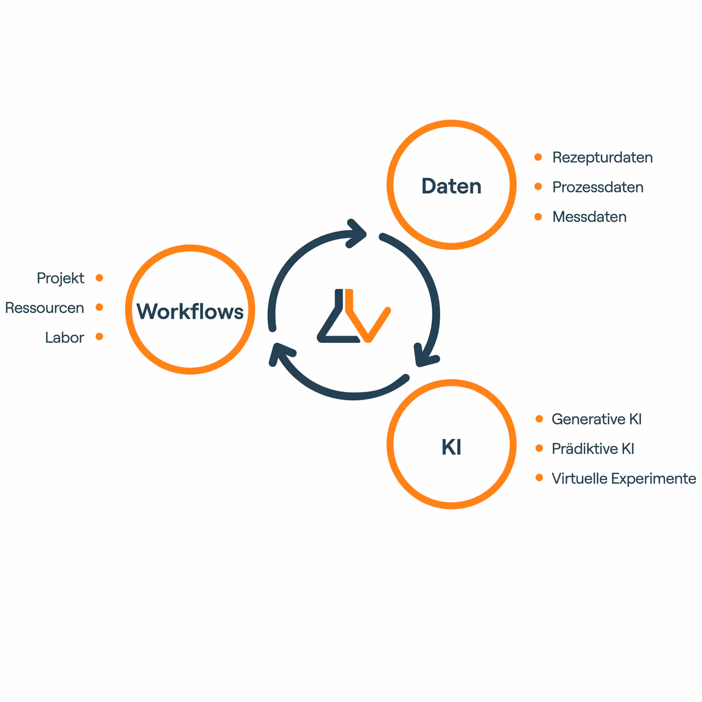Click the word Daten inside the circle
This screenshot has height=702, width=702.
[451, 186]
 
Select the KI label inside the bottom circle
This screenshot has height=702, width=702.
[451, 447]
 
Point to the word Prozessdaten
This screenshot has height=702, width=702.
[598, 187]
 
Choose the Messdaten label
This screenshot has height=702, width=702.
[589, 217]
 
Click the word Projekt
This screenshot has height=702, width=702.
[60, 278]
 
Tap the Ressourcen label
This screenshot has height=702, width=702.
[45, 308]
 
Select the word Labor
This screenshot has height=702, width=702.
[64, 338]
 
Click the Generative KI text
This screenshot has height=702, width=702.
[596, 419]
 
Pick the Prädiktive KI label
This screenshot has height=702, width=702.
[593, 449]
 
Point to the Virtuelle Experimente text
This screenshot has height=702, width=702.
[624, 479]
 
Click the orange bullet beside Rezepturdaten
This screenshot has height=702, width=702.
[538, 157]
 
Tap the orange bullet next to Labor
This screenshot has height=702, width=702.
[99, 337]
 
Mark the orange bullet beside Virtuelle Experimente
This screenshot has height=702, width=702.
[539, 477]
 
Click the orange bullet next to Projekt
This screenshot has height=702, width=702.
[99, 278]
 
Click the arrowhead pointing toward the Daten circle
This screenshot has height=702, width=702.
[358, 234]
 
